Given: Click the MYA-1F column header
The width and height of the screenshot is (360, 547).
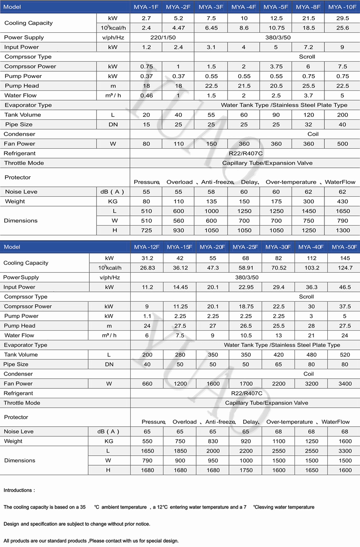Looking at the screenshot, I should tap(146, 7).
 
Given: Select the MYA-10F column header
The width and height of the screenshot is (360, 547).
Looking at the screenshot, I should tap(342, 7).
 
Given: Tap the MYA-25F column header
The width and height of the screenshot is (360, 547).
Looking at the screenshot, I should tap(245, 247).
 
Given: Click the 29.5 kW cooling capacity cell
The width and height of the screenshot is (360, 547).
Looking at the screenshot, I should tap(342, 18).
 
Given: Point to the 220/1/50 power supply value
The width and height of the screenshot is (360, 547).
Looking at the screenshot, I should tap(162, 38).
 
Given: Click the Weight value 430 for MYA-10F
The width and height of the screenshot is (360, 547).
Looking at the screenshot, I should tap(342, 202).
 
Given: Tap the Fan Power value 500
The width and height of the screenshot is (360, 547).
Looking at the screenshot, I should tap(342, 144).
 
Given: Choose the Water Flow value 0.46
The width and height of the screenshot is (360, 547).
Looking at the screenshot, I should tap(146, 96).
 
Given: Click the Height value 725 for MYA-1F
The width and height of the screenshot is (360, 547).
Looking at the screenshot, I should tap(146, 230).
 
